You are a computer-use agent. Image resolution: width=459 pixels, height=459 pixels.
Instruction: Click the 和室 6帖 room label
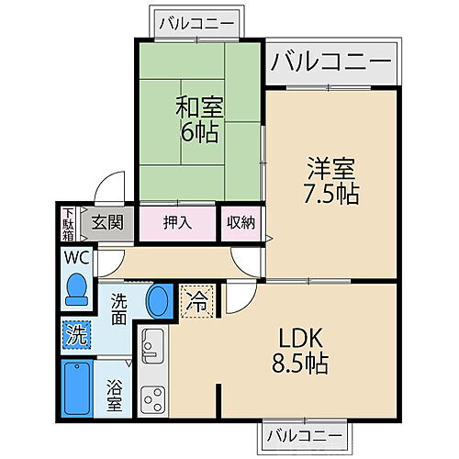[197, 118]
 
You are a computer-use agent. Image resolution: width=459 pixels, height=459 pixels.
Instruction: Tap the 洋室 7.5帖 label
[332, 182]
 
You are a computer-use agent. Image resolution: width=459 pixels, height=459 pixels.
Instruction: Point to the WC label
[75, 257]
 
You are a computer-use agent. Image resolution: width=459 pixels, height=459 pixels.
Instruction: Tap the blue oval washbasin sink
[159, 300]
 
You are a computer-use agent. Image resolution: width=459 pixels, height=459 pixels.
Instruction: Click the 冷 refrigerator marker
[198, 298]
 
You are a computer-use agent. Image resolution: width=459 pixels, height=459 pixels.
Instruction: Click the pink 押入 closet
[178, 223]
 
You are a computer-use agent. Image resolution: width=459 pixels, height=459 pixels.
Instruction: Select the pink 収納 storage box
[241, 223]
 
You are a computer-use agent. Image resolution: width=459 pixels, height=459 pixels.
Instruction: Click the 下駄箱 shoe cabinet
[69, 223]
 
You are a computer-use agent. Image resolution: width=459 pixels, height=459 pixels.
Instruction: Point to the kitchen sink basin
[151, 346]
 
